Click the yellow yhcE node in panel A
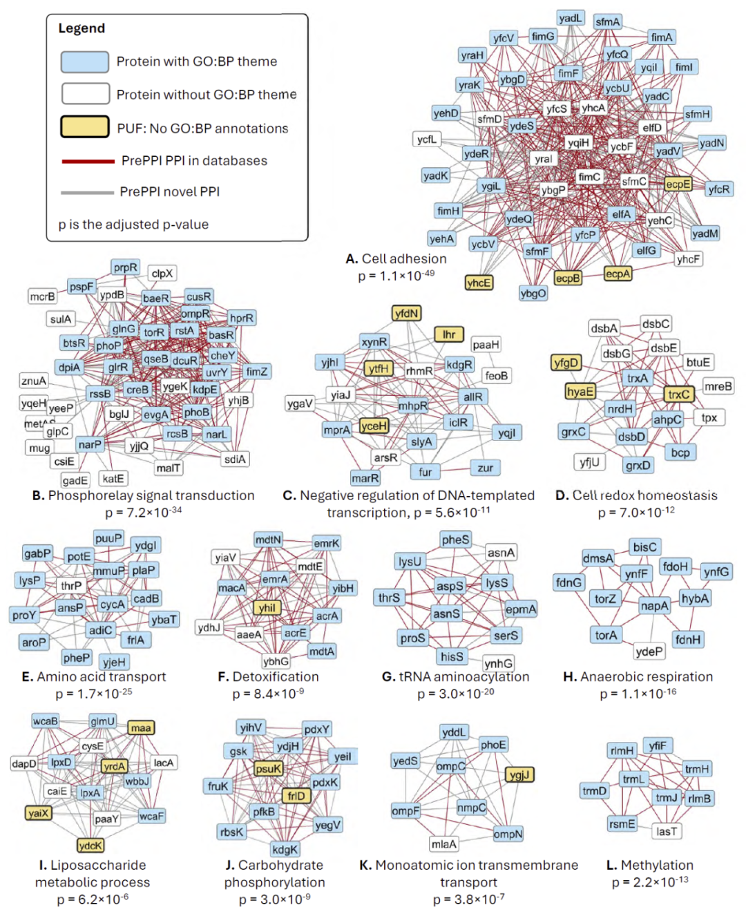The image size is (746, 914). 479,283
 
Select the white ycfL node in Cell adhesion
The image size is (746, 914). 426,140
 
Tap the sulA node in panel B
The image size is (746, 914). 60,319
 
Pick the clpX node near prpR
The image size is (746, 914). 162,274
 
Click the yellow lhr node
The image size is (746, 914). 449,334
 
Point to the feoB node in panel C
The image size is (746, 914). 496,376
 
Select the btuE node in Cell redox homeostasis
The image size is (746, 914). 698,362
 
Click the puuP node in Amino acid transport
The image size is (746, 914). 108,538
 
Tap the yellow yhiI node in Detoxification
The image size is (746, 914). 267,608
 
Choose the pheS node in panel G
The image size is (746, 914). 455,540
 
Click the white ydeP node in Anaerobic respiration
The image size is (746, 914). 649,651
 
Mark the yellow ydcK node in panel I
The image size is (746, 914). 90,846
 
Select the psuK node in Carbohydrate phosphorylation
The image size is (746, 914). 268,768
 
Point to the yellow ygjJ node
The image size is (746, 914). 519,775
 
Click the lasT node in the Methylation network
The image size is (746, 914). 667,831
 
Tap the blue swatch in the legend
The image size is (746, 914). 84,62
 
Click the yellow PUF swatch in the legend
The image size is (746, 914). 84,127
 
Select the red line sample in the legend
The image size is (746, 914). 88,161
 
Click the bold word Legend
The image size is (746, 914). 82,28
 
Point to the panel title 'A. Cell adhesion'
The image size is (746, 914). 396,259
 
